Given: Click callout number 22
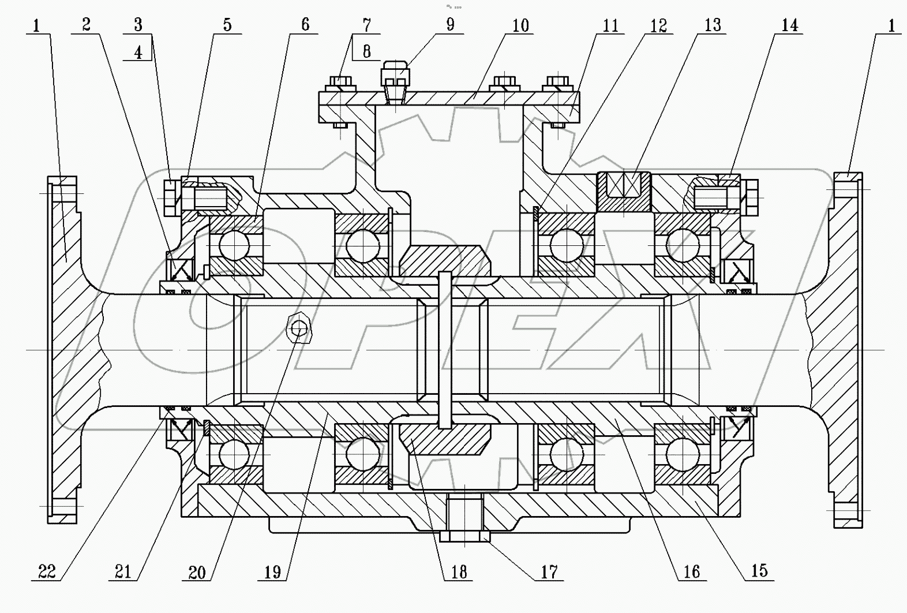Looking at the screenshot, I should (47, 571).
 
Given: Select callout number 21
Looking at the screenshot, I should (122, 571).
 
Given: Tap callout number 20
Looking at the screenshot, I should (197, 571).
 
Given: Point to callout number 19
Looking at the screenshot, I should (272, 571).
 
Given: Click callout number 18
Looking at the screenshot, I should (459, 571).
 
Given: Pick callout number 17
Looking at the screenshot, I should (549, 571).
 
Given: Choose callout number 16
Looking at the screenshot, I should (691, 571).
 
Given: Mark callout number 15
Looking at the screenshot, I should (759, 570).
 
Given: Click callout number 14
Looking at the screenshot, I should (789, 25).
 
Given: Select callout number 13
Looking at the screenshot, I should (713, 25).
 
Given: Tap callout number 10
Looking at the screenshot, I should (520, 25).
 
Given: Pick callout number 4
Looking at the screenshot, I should (138, 52).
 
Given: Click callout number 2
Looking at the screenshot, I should (86, 25).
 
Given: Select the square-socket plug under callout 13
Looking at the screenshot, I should (624, 192).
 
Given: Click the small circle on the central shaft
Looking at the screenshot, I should (299, 329).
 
